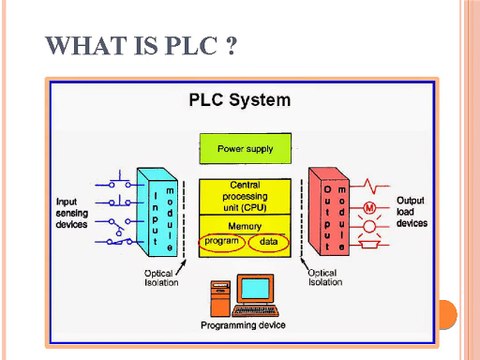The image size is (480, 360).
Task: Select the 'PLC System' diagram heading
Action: coord(240,100)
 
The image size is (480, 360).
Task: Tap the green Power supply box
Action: coord(245,149)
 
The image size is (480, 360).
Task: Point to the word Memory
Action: coord(245,227)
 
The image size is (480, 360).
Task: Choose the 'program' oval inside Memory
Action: coord(221,243)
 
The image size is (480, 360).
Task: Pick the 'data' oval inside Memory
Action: coord(268,243)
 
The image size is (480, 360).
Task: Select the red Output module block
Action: coord(331,212)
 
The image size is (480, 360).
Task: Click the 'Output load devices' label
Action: coord(411,212)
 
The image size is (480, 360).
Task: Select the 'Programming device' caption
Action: coord(243,326)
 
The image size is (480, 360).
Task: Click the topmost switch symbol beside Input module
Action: coord(118,185)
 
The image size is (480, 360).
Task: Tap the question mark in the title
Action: coord(230,46)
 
